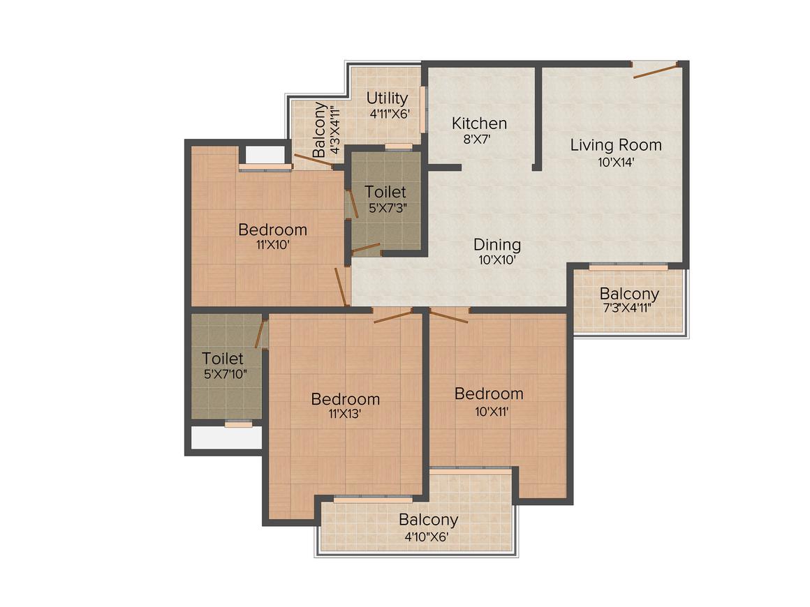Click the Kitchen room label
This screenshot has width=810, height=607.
(x=479, y=123)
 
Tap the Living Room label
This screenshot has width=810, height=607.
(x=616, y=145)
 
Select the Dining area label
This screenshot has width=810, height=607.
(x=497, y=245)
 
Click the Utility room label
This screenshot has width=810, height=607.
(x=387, y=98)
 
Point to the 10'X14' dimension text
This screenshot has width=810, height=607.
(x=616, y=162)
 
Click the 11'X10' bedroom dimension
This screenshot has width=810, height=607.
(x=272, y=245)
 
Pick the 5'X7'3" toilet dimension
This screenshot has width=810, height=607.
(x=385, y=207)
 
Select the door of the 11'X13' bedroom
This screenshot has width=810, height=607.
(x=393, y=316)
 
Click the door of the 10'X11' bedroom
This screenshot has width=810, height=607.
(x=448, y=317)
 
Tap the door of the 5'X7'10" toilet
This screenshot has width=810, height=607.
(x=260, y=332)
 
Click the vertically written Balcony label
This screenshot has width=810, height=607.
(x=320, y=129)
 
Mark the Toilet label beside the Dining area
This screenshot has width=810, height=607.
(x=385, y=191)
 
